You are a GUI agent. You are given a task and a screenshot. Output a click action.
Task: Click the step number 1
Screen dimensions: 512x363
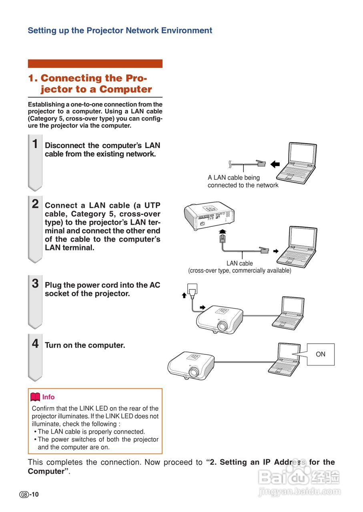point(35,144)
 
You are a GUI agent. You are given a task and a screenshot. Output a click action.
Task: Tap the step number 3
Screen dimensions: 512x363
point(35,284)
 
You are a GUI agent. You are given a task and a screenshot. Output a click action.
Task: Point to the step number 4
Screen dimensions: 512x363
point(35,343)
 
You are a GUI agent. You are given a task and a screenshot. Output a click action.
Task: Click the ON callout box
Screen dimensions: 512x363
point(320,354)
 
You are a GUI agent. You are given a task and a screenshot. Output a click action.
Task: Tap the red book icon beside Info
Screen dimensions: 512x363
point(35,397)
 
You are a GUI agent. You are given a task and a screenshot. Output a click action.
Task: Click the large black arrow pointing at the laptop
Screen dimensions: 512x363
point(275,164)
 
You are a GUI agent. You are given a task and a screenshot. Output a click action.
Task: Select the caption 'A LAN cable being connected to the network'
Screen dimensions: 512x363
point(243,181)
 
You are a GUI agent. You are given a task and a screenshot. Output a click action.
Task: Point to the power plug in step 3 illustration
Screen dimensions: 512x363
point(193,291)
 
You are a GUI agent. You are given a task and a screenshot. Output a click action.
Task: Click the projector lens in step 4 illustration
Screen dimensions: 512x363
point(195,372)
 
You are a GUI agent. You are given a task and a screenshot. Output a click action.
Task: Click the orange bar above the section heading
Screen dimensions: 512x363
point(95,64)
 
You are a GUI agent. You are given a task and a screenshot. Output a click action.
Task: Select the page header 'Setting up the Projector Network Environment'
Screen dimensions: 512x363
point(120,30)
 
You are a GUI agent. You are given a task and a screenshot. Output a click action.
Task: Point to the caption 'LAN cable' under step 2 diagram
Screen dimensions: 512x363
point(239,263)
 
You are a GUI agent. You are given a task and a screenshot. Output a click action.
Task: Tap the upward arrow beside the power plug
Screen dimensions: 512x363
point(184,295)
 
